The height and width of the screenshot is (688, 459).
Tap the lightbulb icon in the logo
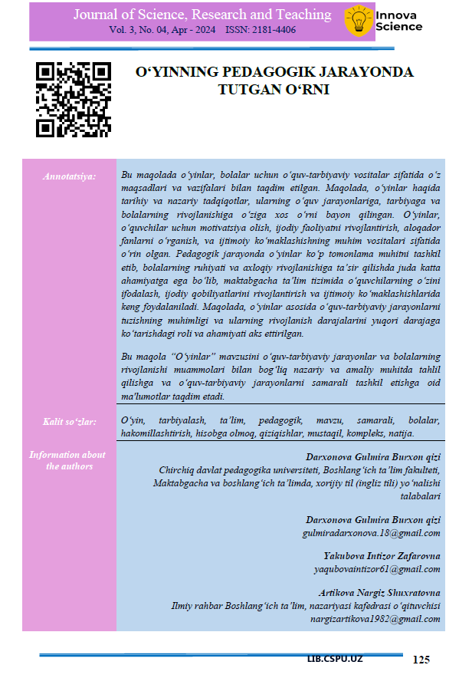[x=358, y=21]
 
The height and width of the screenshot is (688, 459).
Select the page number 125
[x=421, y=660]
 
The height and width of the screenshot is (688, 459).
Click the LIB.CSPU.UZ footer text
[x=336, y=660]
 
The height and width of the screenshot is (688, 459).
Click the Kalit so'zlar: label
[x=68, y=422]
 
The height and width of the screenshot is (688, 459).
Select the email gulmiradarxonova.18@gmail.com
[x=373, y=532]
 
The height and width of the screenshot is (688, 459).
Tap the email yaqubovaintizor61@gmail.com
[x=377, y=569]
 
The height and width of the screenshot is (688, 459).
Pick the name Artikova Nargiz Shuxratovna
[x=379, y=593]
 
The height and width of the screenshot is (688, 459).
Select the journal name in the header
[x=202, y=15]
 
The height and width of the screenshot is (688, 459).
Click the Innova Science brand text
[x=398, y=21]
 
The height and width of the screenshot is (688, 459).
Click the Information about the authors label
[x=68, y=460]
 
